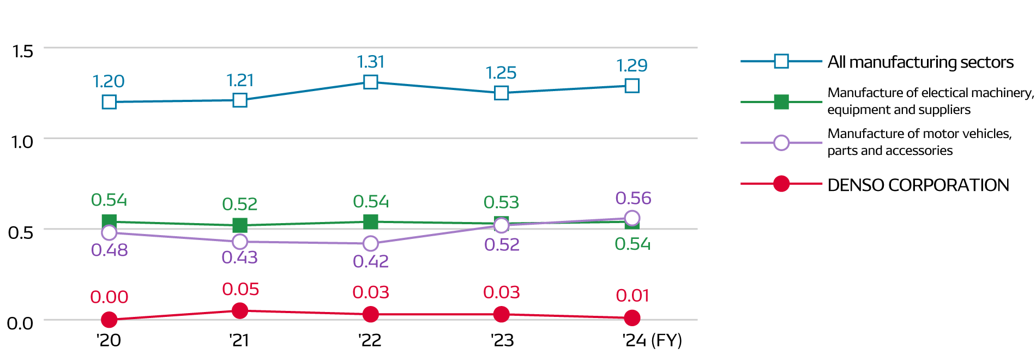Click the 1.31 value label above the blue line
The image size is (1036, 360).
(x=371, y=62)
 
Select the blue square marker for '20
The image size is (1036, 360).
(x=109, y=102)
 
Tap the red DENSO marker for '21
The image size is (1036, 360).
(x=240, y=311)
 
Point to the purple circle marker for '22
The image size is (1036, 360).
(x=371, y=243)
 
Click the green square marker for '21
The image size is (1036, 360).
(x=240, y=225)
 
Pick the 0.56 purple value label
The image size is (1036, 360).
(x=633, y=198)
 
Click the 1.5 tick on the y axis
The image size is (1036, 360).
(x=22, y=51)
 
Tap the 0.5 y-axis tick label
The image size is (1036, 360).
(x=21, y=232)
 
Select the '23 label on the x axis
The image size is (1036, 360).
(x=502, y=340)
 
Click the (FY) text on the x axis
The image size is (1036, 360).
(x=666, y=340)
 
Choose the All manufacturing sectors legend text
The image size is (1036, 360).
(x=920, y=62)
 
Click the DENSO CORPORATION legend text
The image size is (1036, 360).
(x=918, y=185)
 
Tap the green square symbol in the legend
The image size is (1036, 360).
(x=781, y=102)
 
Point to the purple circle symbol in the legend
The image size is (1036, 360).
(x=781, y=143)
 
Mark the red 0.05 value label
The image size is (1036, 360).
(x=240, y=289)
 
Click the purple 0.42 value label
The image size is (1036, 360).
(x=371, y=261)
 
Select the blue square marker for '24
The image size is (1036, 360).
(x=632, y=86)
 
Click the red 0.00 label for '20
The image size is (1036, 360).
(x=109, y=297)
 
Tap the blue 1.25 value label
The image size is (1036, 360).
(x=501, y=73)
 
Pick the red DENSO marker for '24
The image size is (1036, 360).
(x=632, y=317)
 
